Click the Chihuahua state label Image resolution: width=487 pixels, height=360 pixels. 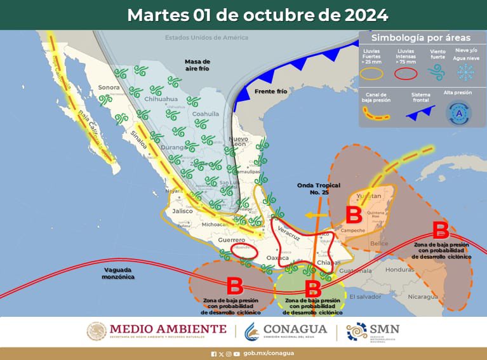click(x=161, y=99)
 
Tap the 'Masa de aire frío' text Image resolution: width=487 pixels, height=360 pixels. click(x=197, y=65)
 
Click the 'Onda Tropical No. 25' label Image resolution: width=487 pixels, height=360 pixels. click(x=316, y=189)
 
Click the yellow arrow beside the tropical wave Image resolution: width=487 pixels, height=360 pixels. click(x=312, y=215)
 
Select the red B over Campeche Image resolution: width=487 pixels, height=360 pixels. click(x=353, y=214)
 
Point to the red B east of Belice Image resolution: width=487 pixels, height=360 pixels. click(x=440, y=229)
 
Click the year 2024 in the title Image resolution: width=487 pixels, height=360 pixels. click(x=359, y=15)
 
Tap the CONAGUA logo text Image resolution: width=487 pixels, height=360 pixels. click(x=297, y=329)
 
